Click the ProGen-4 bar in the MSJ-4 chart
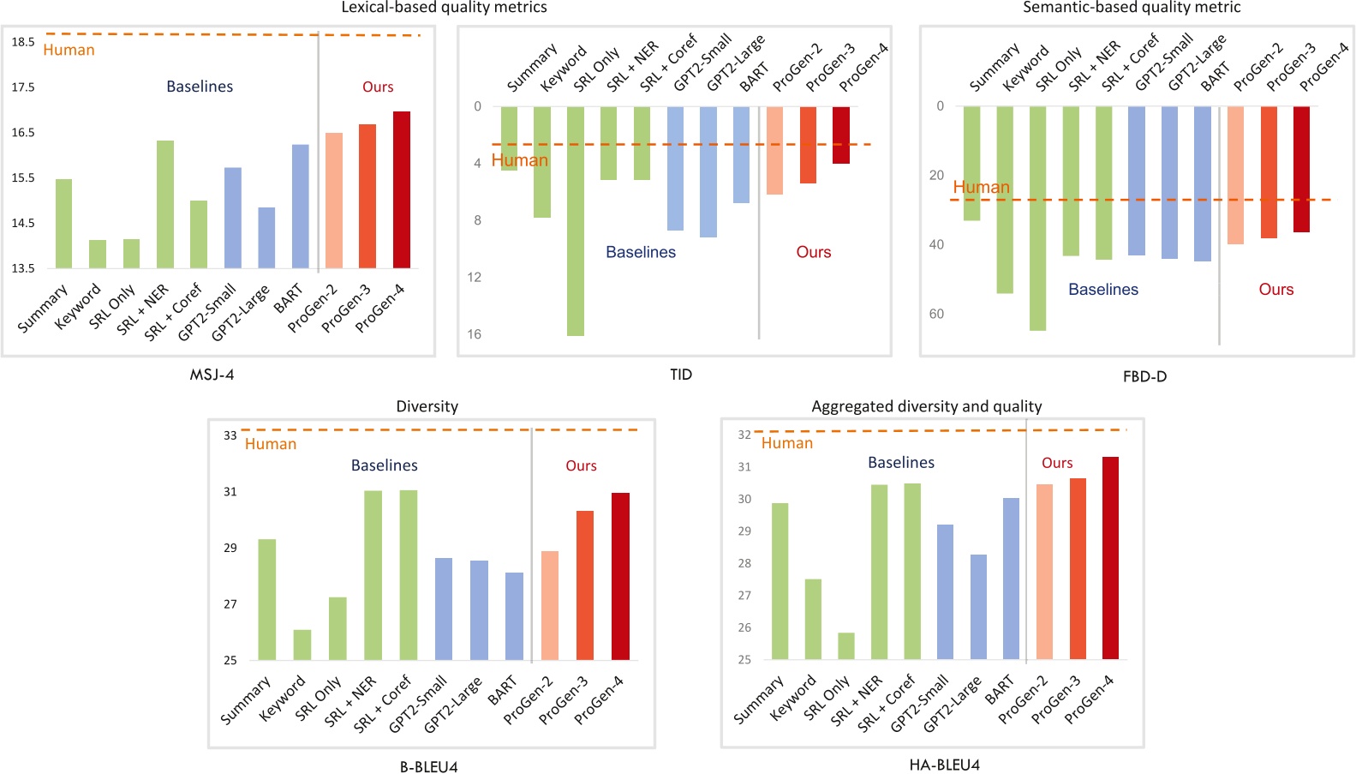tap(401, 190)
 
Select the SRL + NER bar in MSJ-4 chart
tap(165, 205)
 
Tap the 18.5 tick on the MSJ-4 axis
tap(23, 41)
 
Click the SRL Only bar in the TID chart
tap(576, 221)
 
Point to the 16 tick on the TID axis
tap(474, 334)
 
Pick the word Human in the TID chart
tap(519, 160)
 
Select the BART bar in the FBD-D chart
tap(1202, 183)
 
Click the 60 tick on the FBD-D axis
tap(936, 314)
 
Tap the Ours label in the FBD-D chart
tap(1275, 290)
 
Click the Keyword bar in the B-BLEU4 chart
tap(302, 645)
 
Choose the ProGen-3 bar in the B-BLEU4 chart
tap(585, 585)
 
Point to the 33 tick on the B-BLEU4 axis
tap(230, 435)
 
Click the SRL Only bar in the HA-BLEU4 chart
tap(846, 646)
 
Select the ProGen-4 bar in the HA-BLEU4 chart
tap(1110, 558)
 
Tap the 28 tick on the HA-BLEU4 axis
tap(744, 563)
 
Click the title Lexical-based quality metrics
tap(444, 8)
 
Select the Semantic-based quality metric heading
tap(1131, 8)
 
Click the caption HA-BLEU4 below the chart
tap(944, 765)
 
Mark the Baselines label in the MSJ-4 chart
tap(200, 87)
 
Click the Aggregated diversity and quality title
tap(926, 406)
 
